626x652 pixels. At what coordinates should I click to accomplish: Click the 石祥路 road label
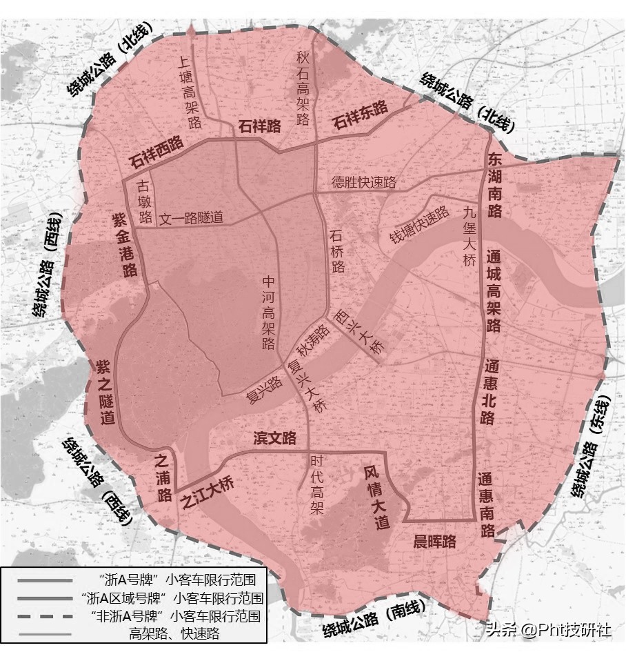pyautogui.click(x=260, y=126)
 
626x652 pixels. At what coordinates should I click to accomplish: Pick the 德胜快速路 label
pyautogui.click(x=364, y=182)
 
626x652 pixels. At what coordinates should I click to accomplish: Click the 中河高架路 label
pyautogui.click(x=269, y=313)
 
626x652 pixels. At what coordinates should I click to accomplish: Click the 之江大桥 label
pyautogui.click(x=207, y=494)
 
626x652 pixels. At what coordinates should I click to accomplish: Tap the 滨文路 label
pyautogui.click(x=274, y=438)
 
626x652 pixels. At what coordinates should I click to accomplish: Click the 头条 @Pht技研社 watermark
pyautogui.click(x=548, y=631)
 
